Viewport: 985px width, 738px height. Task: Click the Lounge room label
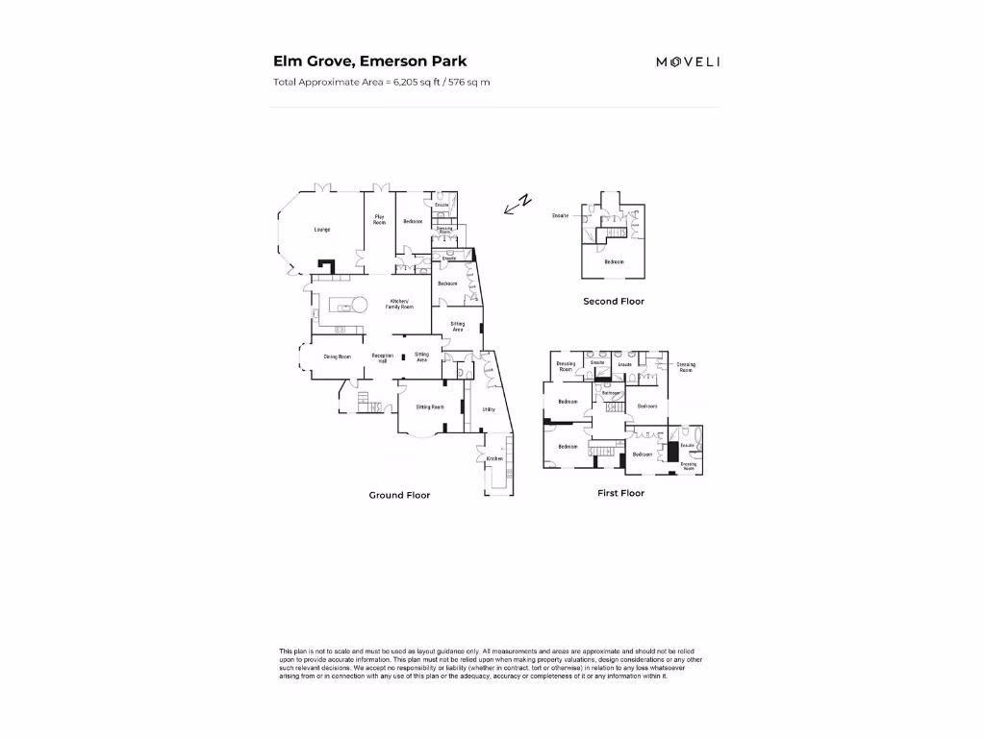(322, 230)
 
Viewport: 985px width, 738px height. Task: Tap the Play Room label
(380, 219)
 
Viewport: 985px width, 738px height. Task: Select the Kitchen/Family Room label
(400, 304)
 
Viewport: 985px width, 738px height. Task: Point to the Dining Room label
(337, 357)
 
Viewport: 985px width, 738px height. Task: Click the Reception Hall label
(382, 357)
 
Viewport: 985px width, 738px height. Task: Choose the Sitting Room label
(430, 406)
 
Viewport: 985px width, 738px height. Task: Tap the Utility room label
(488, 409)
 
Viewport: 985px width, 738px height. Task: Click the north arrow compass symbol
(519, 204)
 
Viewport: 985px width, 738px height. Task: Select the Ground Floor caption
(399, 495)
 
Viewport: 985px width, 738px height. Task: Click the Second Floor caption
(614, 301)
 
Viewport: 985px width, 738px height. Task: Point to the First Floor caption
(620, 493)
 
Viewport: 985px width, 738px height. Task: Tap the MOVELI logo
(688, 61)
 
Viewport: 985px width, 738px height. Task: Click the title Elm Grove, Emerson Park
(370, 61)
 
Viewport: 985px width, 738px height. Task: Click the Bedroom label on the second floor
(614, 261)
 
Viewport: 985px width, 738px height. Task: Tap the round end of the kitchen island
(358, 306)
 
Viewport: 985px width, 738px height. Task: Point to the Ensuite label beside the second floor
(561, 215)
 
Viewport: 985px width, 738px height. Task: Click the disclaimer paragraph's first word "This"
(286, 652)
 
